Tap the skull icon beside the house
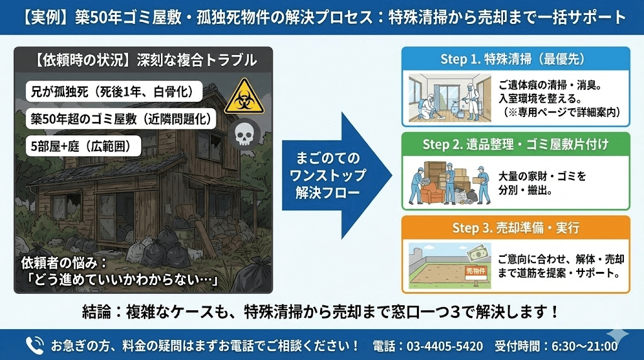pos(243,133)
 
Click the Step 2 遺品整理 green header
pos(515,144)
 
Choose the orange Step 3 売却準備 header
pos(515,227)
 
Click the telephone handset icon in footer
pos(35,345)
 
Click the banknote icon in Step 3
pos(479,253)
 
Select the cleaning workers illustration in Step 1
pos(447,99)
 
